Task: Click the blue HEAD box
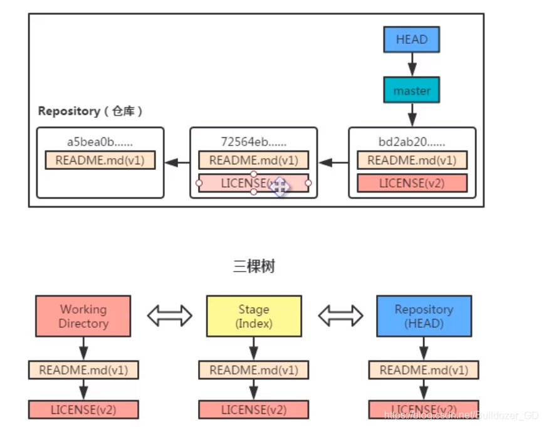[x=412, y=40]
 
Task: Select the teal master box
[x=412, y=91]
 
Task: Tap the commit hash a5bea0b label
[x=100, y=142]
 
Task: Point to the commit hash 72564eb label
[x=253, y=142]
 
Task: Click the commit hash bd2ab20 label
[x=412, y=142]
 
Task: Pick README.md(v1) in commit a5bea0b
[x=100, y=160]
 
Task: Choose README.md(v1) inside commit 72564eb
[x=253, y=160]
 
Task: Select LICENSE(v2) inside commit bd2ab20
[x=412, y=183]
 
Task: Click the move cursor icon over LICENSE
[x=279, y=185]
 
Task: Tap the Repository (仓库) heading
[x=91, y=111]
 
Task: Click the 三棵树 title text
[x=254, y=266]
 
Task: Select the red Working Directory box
[x=83, y=317]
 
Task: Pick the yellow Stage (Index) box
[x=254, y=317]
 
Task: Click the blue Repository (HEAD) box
[x=424, y=317]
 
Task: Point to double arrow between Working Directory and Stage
[x=169, y=316]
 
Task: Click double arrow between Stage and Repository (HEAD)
[x=340, y=316]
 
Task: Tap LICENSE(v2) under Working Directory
[x=83, y=409]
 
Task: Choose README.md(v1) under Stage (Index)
[x=254, y=370]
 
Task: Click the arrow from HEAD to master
[x=412, y=64]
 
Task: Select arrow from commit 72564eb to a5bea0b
[x=177, y=163]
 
